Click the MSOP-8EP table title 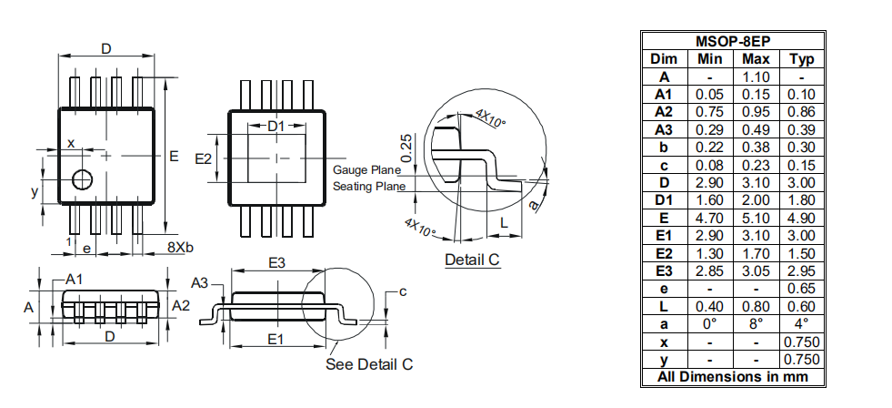coord(733,42)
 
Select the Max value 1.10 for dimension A coord(756,76)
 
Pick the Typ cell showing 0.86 coord(802,112)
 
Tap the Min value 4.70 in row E coord(710,219)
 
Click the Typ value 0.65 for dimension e coord(802,289)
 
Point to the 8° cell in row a coord(756,323)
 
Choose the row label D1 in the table coord(664,200)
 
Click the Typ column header coord(802,59)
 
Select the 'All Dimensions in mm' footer coord(733,377)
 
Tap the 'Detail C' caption coord(472,260)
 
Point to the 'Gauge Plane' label coord(367,169)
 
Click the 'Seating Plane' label coord(369,187)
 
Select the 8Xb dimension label coord(180,248)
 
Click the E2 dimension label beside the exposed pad coord(203,159)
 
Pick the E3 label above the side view coord(276,262)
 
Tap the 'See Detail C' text coord(369,364)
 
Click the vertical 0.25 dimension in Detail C coord(406,148)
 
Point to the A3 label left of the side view coord(200,283)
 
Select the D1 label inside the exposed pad coord(276,127)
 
